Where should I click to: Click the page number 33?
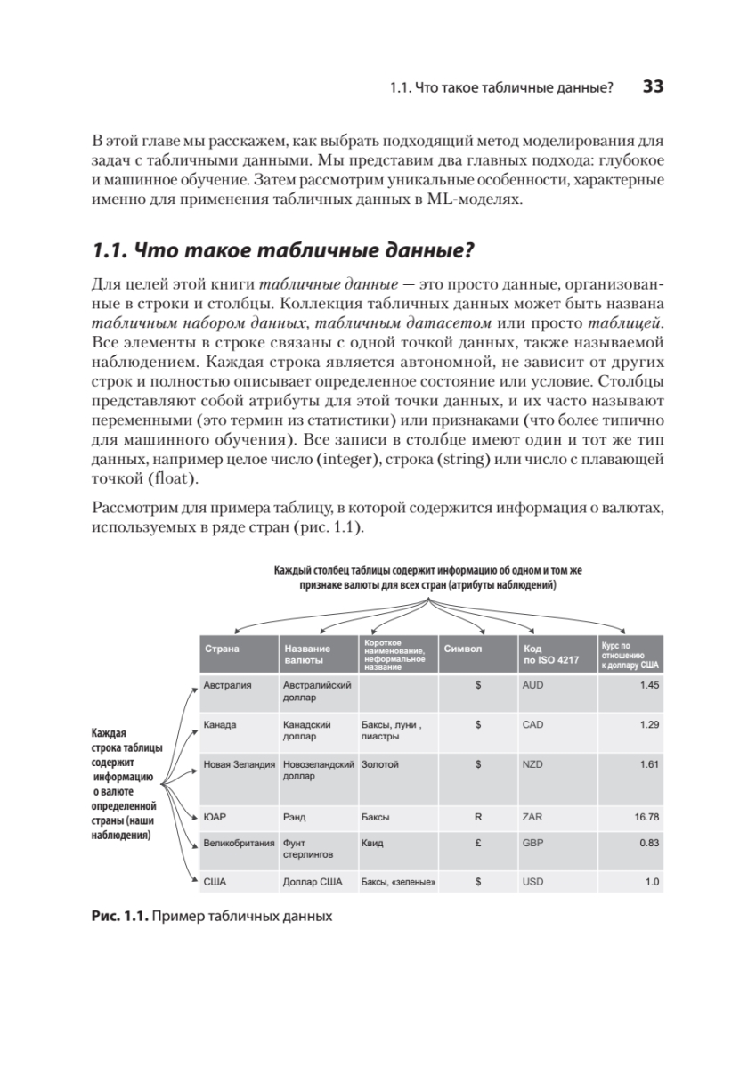point(654,87)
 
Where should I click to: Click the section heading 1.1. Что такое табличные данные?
point(281,251)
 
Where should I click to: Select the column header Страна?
point(222,649)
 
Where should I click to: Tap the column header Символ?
point(462,649)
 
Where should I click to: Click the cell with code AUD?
point(533,686)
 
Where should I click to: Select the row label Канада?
point(220,725)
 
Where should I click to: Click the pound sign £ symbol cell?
point(478,842)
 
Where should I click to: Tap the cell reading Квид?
point(372,842)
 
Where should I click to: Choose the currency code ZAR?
point(532,815)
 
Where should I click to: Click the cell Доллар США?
point(313,882)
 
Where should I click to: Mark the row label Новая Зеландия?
point(240,764)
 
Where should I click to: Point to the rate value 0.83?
point(649,842)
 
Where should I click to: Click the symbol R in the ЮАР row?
point(478,815)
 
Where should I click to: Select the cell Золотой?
point(380,764)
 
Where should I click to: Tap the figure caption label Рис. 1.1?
point(119,916)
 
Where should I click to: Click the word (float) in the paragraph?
point(170,478)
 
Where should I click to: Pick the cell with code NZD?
point(532,764)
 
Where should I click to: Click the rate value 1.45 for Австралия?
point(649,686)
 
